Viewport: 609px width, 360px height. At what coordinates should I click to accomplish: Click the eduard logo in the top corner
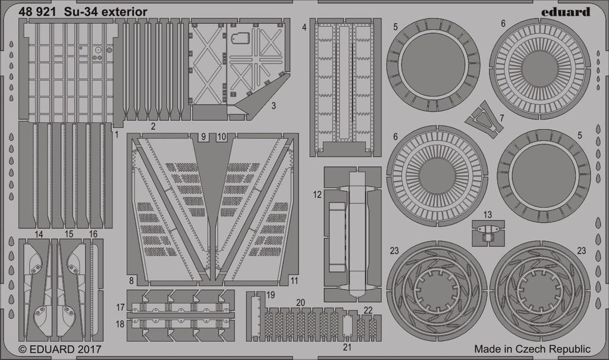coord(566,12)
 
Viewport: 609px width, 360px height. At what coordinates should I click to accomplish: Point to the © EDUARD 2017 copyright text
coord(60,349)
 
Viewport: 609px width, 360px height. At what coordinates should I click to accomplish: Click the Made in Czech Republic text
coord(532,349)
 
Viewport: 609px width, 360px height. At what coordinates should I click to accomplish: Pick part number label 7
coord(502,117)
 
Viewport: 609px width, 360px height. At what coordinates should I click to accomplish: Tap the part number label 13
coord(488,214)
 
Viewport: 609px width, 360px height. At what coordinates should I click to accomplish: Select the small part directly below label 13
coord(488,233)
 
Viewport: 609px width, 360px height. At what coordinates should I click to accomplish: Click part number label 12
coord(318,195)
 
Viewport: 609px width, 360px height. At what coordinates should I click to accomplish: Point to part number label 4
coord(304,27)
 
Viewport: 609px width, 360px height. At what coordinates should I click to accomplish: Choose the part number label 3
coord(274,105)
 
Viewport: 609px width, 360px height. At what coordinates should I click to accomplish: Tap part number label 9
coord(203,137)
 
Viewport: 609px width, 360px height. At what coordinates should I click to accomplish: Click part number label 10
coord(222,137)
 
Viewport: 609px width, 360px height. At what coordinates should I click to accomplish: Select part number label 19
coord(271,295)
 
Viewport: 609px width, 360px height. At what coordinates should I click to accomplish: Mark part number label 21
coord(347,347)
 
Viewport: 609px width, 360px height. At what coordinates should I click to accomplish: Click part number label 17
coord(120,307)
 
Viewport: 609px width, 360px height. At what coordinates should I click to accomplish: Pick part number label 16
coord(93,234)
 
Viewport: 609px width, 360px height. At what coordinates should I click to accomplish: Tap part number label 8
coord(131,281)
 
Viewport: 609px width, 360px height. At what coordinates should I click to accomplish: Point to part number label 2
coord(153,126)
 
